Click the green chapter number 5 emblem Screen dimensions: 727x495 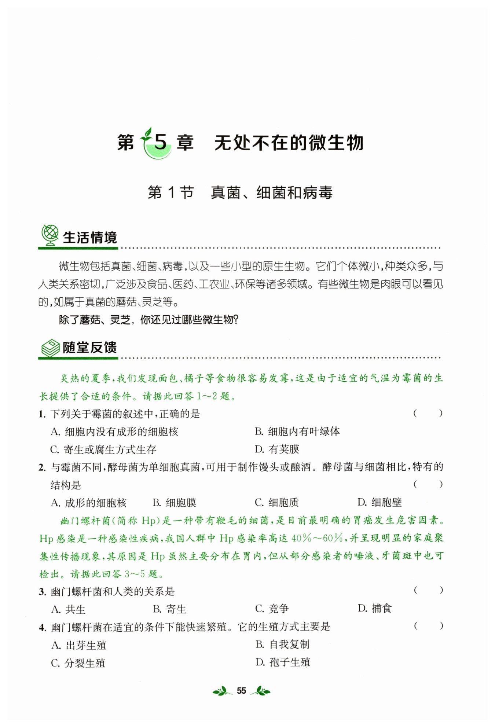pos(158,143)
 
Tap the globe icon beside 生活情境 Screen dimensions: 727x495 pos(50,235)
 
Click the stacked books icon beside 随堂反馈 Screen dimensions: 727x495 pos(50,348)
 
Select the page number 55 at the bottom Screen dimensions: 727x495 pos(241,691)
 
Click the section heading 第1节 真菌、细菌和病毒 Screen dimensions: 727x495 pos(240,192)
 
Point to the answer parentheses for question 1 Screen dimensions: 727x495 pos(428,414)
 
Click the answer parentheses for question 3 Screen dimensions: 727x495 pos(428,590)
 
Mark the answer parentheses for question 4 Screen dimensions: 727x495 pos(428,626)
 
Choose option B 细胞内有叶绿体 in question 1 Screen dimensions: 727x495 pos(297,432)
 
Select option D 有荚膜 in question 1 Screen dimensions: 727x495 pos(277,449)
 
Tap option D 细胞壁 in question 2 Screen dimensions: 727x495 pos(379,502)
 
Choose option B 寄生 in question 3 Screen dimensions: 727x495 pos(169,609)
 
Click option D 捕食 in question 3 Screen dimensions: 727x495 pos(375,609)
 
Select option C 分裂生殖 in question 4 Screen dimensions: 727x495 pos(78,663)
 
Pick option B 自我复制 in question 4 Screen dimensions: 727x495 pos(282,644)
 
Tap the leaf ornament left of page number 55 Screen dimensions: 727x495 pos(222,691)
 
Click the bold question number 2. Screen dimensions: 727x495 pos(42,467)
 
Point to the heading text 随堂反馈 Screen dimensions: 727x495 pos(89,348)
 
